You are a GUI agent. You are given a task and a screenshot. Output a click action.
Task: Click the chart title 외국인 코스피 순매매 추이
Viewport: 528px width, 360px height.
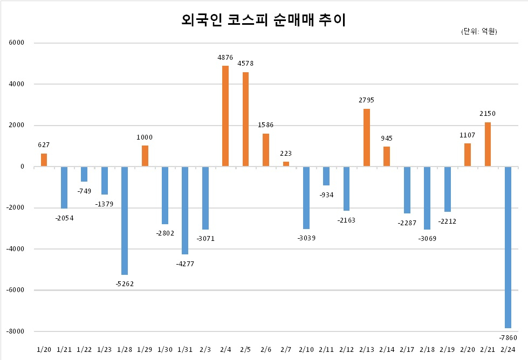tap(264, 20)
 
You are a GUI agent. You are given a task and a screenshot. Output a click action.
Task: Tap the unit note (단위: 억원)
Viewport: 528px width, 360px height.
tap(479, 31)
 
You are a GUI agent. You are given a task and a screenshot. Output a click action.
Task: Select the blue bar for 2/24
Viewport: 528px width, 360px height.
tap(508, 247)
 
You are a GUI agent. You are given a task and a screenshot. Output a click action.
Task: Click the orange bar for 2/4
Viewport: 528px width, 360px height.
tap(225, 116)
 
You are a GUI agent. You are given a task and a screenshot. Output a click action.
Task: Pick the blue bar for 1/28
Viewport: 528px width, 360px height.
tap(125, 221)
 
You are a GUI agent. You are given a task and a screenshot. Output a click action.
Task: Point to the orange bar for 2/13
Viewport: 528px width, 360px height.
tap(367, 137)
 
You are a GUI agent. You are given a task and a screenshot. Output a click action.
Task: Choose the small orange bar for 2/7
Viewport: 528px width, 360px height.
tap(286, 164)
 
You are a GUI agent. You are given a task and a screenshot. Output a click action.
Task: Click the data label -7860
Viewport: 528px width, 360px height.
tap(508, 337)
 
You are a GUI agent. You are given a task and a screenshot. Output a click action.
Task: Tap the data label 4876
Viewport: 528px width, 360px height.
tap(225, 58)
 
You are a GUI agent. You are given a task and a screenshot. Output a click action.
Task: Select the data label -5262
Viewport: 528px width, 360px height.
tap(125, 283)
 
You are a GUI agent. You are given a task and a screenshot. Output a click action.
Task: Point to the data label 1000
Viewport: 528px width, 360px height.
tap(145, 137)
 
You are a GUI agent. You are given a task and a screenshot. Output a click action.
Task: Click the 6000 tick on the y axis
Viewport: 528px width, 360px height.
tap(17, 43)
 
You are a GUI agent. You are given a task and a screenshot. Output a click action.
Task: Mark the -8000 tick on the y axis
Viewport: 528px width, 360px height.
tap(16, 331)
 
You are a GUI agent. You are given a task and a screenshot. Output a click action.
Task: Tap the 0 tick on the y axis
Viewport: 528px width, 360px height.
tap(22, 167)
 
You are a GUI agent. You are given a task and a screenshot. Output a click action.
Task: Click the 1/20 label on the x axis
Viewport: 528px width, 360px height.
tap(44, 350)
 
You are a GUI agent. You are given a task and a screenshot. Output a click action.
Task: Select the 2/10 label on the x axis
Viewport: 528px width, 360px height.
tap(306, 350)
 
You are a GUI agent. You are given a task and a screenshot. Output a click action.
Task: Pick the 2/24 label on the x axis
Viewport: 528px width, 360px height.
tap(508, 350)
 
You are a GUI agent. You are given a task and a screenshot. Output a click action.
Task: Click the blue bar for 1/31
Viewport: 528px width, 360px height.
tap(185, 210)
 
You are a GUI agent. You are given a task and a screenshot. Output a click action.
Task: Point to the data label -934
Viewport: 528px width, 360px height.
tap(326, 195)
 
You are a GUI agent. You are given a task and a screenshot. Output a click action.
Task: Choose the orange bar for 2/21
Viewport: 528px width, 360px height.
tap(488, 144)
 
